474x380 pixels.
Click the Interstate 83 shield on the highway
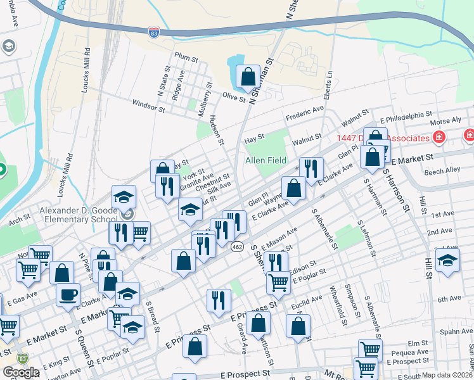[x=154, y=33]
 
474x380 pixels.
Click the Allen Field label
[x=266, y=161]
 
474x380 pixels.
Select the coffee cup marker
[x=68, y=294]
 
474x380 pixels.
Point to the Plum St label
[x=186, y=58]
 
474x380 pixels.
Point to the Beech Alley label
[x=442, y=170]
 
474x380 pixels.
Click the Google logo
[x=21, y=372]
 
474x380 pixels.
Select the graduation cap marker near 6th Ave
[x=447, y=261]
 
